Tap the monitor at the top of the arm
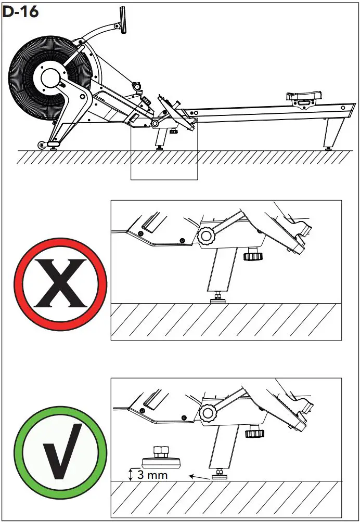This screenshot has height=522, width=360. coord(124,20)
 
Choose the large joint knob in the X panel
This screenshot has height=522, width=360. coord(205,237)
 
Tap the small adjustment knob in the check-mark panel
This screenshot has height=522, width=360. coord(255,433)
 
